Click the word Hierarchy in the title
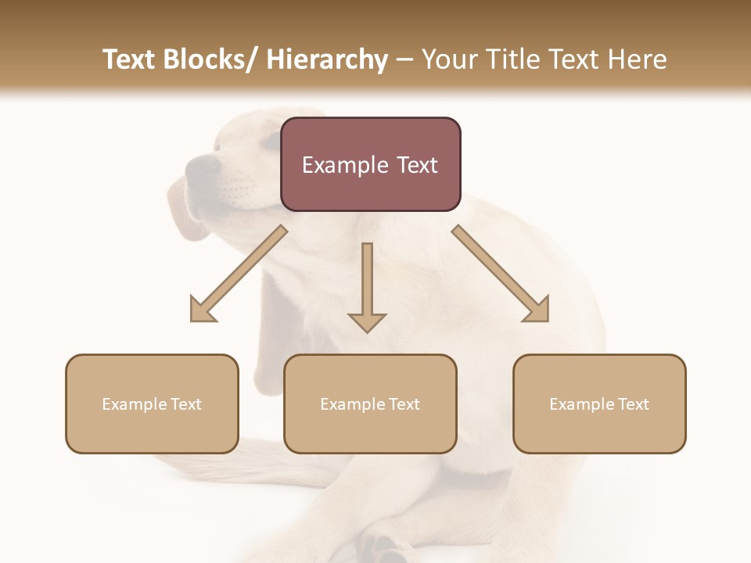[327, 59]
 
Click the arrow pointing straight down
[367, 285]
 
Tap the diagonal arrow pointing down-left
[238, 274]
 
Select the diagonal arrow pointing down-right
[501, 274]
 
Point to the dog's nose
[203, 164]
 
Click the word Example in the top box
[343, 165]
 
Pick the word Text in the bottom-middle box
[403, 404]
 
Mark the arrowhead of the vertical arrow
[367, 321]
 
